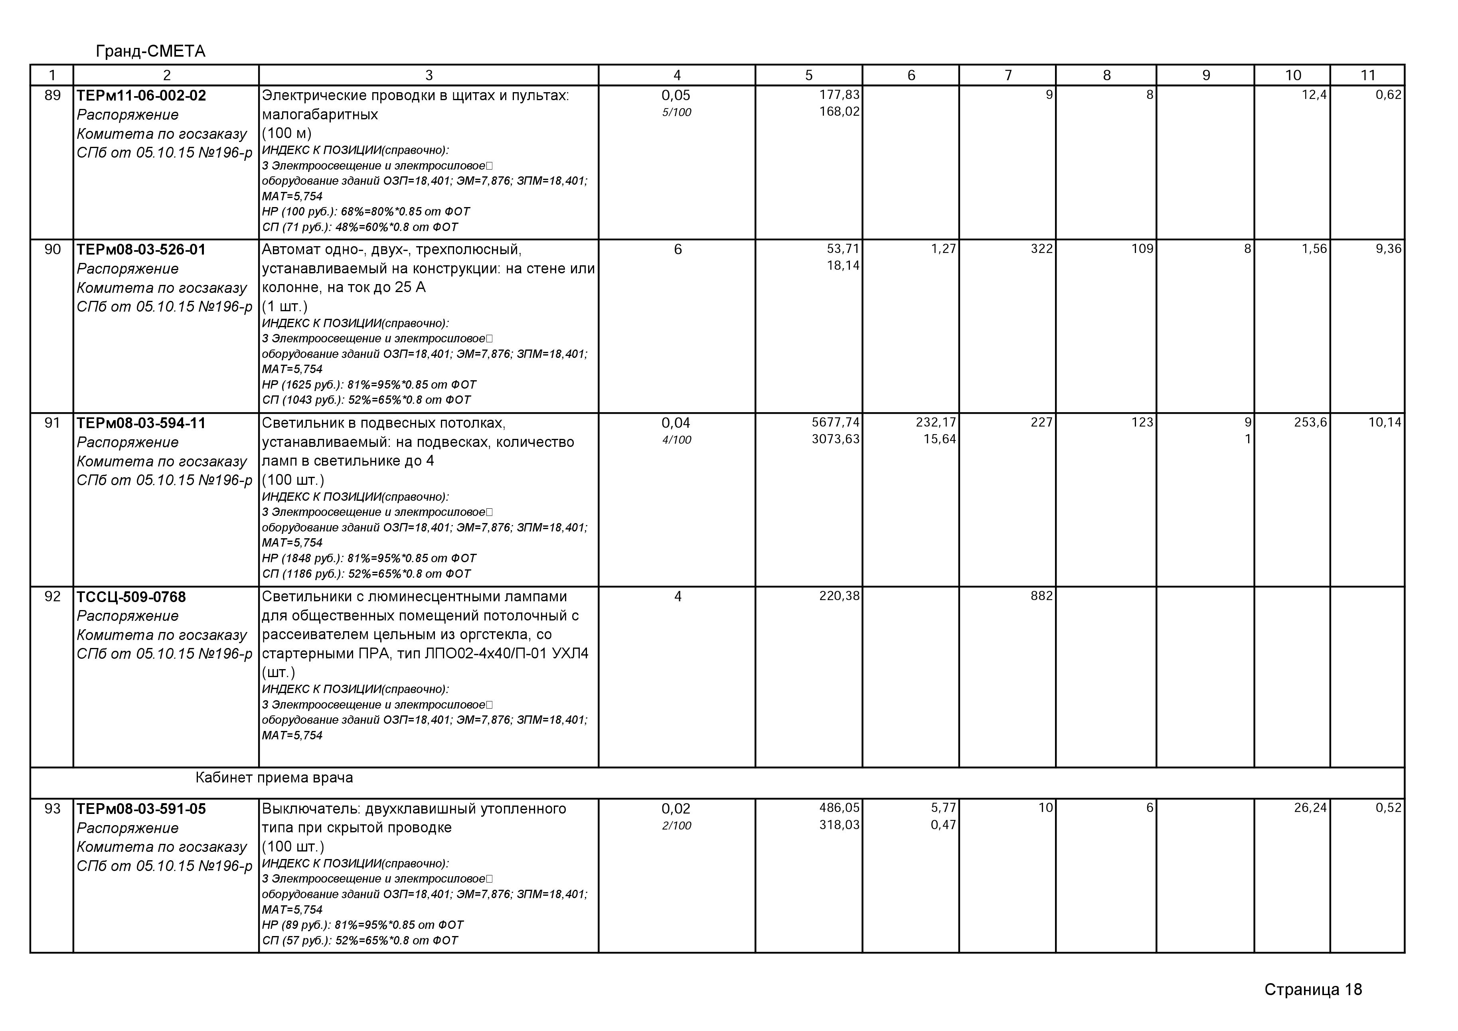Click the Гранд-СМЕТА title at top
[x=150, y=51]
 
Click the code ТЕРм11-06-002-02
[x=141, y=96]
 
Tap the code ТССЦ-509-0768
[x=131, y=597]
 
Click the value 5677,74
[x=835, y=422]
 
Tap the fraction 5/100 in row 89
[x=676, y=113]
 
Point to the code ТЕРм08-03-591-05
[x=141, y=809]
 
